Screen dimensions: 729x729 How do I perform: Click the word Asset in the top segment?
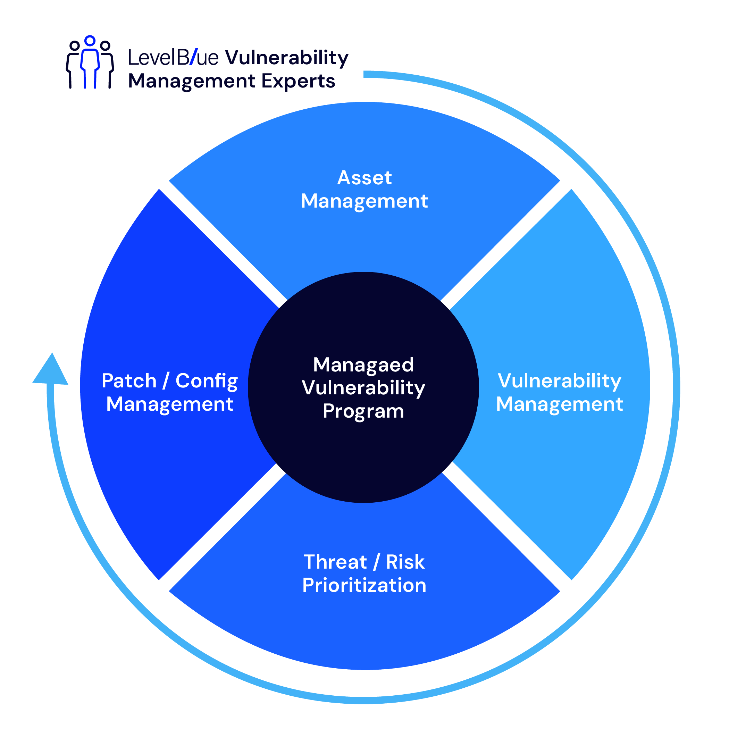pos(364,178)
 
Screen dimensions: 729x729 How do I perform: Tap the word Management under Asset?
pos(364,201)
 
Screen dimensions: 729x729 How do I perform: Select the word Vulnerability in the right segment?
pos(559,381)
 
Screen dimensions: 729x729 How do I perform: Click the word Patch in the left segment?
pos(129,381)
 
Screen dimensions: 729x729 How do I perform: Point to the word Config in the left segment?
pos(207,382)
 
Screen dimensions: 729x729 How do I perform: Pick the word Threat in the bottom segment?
pos(335,562)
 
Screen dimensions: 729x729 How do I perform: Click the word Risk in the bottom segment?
pos(405,562)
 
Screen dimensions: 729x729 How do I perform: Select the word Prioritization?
pos(364,586)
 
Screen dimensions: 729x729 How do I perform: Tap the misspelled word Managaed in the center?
pos(363,365)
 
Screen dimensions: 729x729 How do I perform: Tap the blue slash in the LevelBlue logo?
pos(193,57)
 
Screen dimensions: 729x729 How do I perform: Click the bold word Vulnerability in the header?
pos(287,58)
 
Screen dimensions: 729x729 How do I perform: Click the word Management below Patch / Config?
pos(169,404)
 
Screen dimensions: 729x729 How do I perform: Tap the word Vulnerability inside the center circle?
pos(363,388)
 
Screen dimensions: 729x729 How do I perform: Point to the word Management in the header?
pos(192,82)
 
